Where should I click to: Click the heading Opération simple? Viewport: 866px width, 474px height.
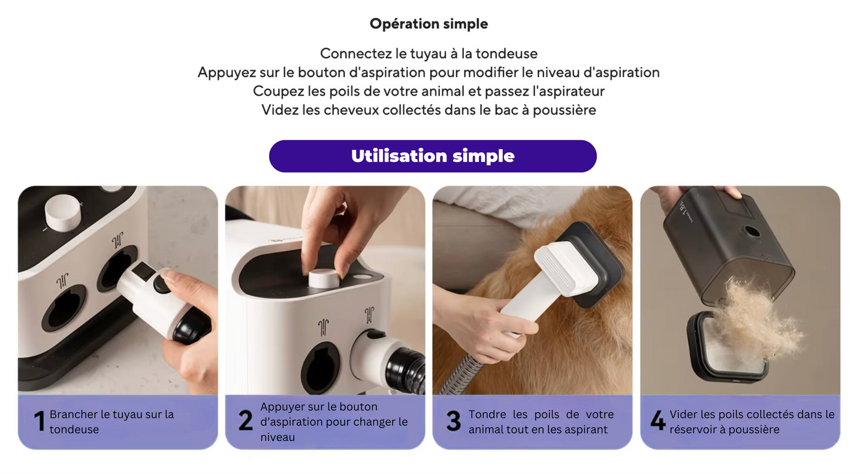(429, 24)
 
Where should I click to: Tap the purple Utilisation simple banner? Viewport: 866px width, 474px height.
(433, 156)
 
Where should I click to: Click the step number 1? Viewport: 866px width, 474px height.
(40, 421)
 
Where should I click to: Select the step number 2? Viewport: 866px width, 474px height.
(245, 421)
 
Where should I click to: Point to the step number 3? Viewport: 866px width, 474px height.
(454, 421)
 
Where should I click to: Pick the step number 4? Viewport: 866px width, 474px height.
(657, 421)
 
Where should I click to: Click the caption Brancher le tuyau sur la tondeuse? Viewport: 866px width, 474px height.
(111, 421)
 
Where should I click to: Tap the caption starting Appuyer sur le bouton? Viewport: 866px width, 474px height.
(333, 421)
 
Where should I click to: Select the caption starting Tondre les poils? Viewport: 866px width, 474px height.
(541, 421)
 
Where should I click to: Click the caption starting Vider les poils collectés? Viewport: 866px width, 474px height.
(752, 421)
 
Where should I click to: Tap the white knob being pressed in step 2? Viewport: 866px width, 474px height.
(324, 278)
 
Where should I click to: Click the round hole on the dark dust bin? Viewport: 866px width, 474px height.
(752, 232)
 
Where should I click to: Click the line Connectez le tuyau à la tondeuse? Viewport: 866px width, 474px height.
(429, 53)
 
